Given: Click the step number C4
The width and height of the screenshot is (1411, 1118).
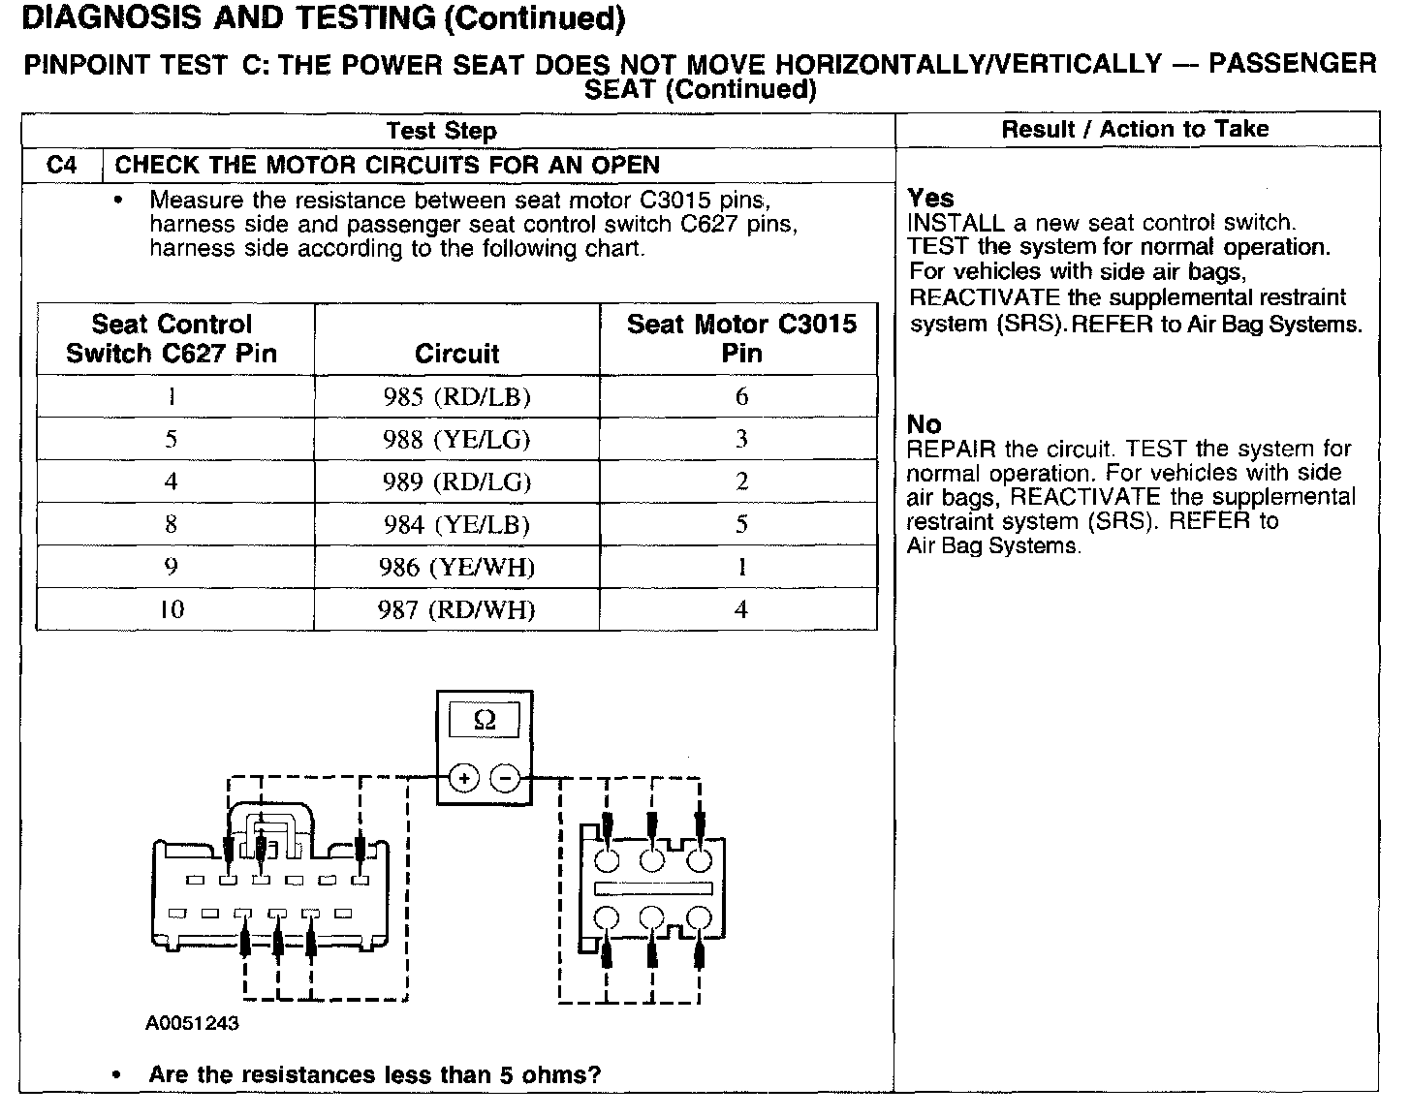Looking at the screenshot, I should pos(61,166).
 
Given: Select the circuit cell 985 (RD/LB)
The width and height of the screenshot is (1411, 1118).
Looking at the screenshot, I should pos(456,397).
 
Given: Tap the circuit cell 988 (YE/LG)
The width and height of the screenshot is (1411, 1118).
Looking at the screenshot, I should pos(456,440).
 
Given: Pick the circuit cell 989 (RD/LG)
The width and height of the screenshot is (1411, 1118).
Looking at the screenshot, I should pos(456,482).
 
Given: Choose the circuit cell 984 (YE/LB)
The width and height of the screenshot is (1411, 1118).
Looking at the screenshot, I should pos(456,525).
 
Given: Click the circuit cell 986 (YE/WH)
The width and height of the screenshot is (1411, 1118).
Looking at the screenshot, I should pos(456,568).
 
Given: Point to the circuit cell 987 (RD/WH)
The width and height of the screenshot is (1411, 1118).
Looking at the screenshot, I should pos(456,610).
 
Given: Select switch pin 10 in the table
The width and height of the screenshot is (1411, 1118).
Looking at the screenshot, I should pos(172,610).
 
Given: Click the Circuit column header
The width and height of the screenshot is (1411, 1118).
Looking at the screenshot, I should pos(456,354).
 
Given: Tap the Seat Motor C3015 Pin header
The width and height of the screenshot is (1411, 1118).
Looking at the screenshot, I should pos(741,338).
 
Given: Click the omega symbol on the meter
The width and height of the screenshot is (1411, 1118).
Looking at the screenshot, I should pos(485,720).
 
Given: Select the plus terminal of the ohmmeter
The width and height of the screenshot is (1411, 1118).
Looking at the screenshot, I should pos(464,778).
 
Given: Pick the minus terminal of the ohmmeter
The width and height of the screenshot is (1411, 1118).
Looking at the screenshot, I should pos(505,778).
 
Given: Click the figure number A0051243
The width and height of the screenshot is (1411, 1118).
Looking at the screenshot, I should pos(193,1023).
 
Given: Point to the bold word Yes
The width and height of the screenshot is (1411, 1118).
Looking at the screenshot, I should pos(930,199).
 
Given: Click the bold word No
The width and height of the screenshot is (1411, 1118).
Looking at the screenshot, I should pos(924,424).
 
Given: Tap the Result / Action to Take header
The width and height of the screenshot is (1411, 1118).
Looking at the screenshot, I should pos(1135,130).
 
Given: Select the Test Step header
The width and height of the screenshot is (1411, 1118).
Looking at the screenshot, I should pos(441,131).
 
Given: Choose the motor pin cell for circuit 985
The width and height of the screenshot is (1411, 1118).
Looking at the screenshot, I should pos(741,397).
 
